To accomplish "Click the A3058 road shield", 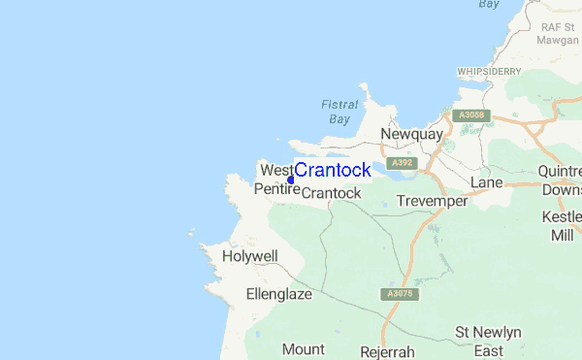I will click(x=471, y=115).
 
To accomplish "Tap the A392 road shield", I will click(x=402, y=163).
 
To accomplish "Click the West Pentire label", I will click(x=276, y=180).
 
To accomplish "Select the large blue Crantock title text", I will click(x=333, y=171).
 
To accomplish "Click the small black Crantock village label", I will click(x=331, y=193).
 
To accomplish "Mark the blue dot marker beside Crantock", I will click(x=291, y=179).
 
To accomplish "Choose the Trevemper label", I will click(x=432, y=202).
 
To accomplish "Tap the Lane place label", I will click(x=486, y=182).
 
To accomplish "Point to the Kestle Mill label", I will click(x=562, y=225).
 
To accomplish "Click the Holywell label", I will click(x=249, y=256).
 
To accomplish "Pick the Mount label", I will click(x=304, y=348).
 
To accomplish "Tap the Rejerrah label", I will click(x=387, y=350).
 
